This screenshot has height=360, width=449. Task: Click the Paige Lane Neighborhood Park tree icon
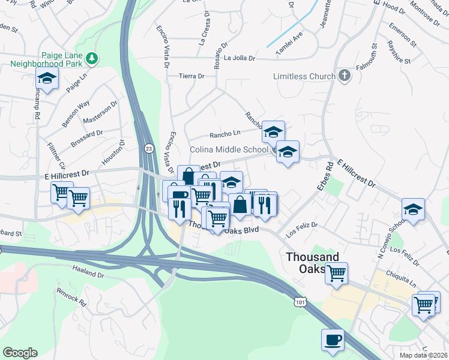[x=92, y=58]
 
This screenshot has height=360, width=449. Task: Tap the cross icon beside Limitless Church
[x=344, y=76]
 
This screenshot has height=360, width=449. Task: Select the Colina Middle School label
[x=229, y=149]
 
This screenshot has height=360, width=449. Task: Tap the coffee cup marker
[x=333, y=340]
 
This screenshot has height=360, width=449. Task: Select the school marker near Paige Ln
[x=46, y=78]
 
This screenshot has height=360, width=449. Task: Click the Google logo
[x=20, y=352]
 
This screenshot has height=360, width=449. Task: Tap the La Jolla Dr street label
[x=240, y=58]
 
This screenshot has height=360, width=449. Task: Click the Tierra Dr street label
[x=192, y=76]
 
